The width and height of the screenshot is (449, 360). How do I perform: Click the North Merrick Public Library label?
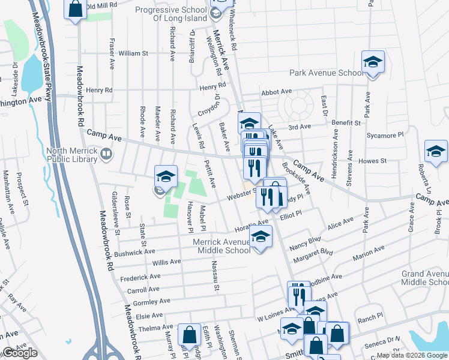73,155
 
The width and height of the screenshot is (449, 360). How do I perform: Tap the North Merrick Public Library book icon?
106,155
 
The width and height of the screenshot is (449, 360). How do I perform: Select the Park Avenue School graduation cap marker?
373,62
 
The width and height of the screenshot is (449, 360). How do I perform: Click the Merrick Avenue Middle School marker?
260,237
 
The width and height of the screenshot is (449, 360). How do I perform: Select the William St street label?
133,53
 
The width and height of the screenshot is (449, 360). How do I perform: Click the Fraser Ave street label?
112,54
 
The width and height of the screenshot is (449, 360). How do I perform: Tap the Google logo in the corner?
20,353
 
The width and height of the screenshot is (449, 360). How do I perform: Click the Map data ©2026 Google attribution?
412,355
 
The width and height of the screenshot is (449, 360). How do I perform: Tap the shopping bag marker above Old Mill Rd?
75,9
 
